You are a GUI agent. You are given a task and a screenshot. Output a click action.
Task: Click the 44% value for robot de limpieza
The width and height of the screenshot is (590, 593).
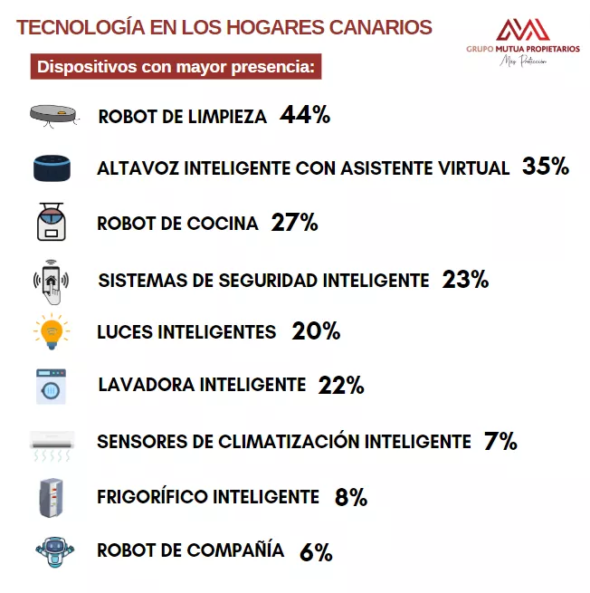pyautogui.click(x=305, y=115)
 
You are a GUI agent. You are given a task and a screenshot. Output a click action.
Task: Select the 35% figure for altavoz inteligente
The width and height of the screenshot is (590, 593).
pyautogui.click(x=546, y=167)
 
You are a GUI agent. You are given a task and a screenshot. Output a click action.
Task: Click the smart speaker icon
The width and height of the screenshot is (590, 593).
pyautogui.click(x=52, y=168)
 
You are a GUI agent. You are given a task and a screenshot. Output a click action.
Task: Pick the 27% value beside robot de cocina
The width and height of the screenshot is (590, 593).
pyautogui.click(x=294, y=223)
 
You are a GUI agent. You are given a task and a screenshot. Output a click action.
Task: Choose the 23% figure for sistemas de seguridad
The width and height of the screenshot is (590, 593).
pyautogui.click(x=465, y=280)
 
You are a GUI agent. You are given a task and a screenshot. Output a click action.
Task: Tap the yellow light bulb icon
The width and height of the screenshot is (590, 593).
pyautogui.click(x=52, y=332)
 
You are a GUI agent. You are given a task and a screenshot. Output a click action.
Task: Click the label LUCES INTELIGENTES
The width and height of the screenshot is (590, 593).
pyautogui.click(x=186, y=332)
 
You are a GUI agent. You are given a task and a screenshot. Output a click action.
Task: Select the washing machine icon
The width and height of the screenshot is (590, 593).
pyautogui.click(x=52, y=386)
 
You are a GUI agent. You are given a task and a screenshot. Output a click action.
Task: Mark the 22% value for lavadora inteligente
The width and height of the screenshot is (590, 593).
pyautogui.click(x=341, y=385)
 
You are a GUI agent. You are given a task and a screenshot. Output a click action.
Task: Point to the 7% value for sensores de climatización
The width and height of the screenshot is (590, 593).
pyautogui.click(x=500, y=442)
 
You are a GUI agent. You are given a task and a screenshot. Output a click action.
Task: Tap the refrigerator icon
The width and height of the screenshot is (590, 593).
pyautogui.click(x=52, y=497)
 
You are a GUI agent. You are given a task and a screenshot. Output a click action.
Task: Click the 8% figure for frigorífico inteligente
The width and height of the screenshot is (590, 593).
pyautogui.click(x=350, y=497)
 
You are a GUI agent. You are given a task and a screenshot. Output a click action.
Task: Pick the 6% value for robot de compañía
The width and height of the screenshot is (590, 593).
pyautogui.click(x=316, y=551)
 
